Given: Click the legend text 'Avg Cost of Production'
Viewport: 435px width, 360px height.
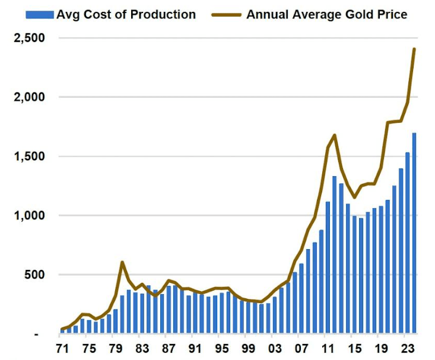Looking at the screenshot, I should [126, 14].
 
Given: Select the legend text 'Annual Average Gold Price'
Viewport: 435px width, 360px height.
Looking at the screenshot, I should [327, 14].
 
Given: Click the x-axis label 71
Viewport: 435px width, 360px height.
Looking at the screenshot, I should [62, 348].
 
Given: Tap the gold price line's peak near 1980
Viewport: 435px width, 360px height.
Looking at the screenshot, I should [122, 262].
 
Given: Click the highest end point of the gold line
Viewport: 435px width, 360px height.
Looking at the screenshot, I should [414, 49].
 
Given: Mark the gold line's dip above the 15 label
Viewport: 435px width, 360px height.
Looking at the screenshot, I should [354, 197].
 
